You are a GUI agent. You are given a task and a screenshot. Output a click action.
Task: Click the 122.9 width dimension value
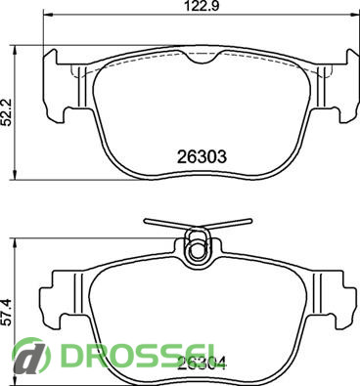pyautogui.click(x=202, y=6)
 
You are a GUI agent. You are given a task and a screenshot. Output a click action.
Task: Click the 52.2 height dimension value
pyautogui.click(x=7, y=112)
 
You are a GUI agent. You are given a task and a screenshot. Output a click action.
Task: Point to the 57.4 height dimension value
pyautogui.click(x=7, y=312)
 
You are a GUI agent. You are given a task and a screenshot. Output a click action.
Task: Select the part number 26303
pyautogui.click(x=202, y=157)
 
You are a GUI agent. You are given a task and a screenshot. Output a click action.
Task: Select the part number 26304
pyautogui.click(x=202, y=364)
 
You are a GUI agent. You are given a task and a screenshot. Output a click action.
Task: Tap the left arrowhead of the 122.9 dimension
pyautogui.click(x=48, y=14)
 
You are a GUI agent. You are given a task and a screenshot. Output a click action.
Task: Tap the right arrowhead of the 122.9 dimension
pyautogui.click(x=355, y=14)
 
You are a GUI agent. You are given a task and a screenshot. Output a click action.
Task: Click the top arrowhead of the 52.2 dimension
pyautogui.click(x=15, y=50)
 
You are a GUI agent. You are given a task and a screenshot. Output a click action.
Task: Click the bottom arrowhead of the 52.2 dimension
pyautogui.click(x=15, y=175)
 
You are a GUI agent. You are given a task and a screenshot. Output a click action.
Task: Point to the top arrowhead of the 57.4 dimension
pyautogui.click(x=15, y=243)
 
